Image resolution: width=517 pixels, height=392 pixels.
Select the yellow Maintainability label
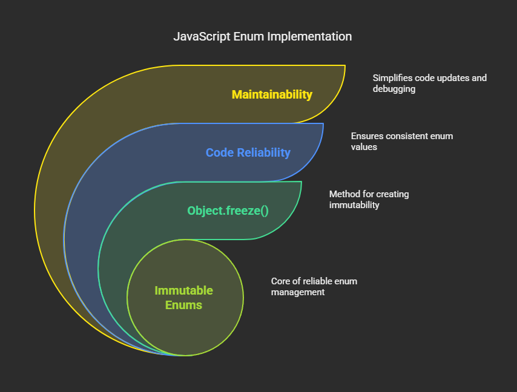coord(272,94)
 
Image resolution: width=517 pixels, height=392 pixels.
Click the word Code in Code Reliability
coord(219,152)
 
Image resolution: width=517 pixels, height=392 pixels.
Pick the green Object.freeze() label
coord(228,211)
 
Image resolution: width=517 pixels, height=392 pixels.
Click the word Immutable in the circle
coord(184,291)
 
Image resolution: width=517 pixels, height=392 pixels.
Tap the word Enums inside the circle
coord(184,305)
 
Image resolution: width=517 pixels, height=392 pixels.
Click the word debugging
coord(394,89)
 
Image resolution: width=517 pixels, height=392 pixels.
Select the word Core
coord(282,281)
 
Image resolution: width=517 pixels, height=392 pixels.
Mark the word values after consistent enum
coord(364,147)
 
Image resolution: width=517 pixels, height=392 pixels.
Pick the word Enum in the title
coord(246,37)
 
